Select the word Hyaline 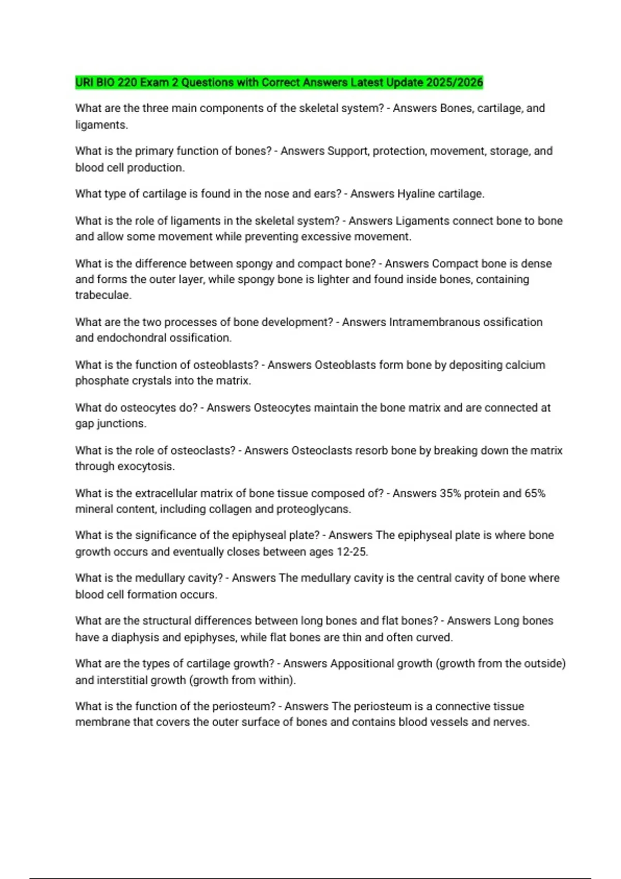coord(416,194)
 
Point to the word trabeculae coord(102,295)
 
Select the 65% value coord(535,493)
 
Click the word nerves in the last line coord(512,722)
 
